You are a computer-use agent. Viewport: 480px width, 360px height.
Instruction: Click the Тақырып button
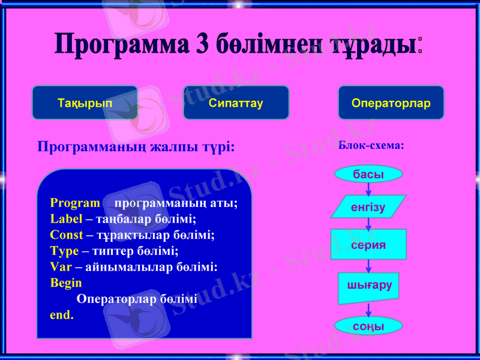pos(85,103)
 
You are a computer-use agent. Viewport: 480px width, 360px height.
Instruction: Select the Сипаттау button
pos(236,103)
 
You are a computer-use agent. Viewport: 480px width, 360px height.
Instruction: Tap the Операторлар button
pos(391,103)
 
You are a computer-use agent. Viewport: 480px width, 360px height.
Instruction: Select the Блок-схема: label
pos(371,145)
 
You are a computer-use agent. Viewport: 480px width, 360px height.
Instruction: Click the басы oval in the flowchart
pos(368,174)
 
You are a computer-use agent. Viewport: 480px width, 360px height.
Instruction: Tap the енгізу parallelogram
pos(368,207)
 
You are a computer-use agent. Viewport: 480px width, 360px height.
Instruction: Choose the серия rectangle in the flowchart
pos(368,245)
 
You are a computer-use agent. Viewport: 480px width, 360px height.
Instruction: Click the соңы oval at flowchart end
pos(368,326)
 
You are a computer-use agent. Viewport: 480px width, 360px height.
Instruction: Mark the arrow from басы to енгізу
pos(368,188)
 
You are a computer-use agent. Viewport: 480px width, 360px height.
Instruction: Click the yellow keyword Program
pos(75,203)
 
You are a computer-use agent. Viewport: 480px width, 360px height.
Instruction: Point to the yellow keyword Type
pos(64,250)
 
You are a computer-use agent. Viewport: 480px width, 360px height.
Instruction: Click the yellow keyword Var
pos(61,266)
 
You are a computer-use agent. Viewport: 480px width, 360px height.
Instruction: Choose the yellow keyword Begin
pos(66,282)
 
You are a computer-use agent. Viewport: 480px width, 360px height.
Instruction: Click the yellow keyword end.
pos(62,314)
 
